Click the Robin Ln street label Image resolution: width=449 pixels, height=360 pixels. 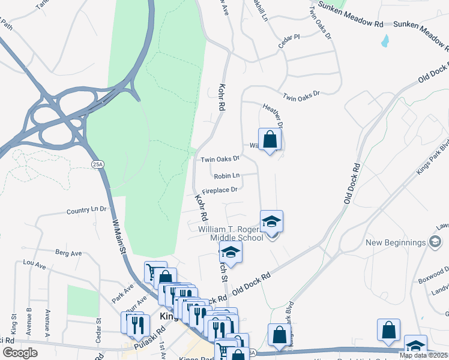[x=226, y=176]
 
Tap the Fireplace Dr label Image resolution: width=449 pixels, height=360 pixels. [x=220, y=191]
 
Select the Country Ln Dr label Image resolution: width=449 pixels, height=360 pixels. [x=86, y=211]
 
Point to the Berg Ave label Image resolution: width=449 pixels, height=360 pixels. [x=68, y=253]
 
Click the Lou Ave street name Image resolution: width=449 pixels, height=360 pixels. [x=34, y=263]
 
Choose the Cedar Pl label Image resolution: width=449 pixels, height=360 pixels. [x=288, y=42]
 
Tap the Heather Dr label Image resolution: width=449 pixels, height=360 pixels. [x=273, y=114]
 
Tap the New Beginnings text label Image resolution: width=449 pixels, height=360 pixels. [x=396, y=243]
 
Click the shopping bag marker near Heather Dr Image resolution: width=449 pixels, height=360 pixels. [x=270, y=140]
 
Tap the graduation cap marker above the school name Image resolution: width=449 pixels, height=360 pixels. [x=271, y=221]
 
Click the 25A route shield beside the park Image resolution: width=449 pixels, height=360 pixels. [x=97, y=164]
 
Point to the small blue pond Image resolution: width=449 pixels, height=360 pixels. [x=384, y=41]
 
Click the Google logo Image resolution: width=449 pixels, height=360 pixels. [x=20, y=353]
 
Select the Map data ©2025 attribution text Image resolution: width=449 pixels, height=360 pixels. [x=423, y=355]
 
